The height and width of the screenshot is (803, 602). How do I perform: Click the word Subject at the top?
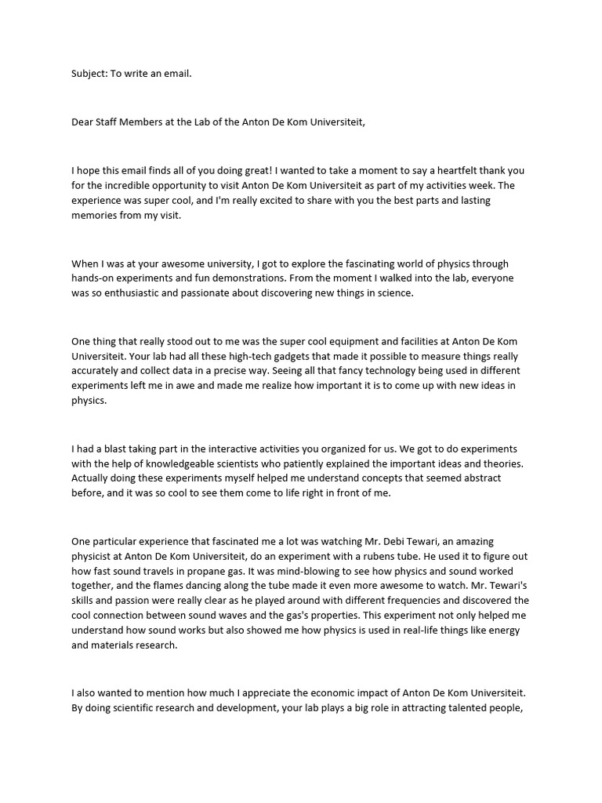(x=89, y=74)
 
